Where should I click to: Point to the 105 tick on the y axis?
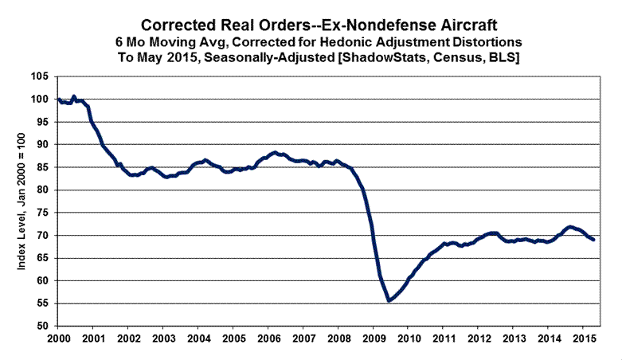[39, 76]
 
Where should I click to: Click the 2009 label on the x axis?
[372, 338]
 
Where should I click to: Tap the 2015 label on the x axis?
[581, 338]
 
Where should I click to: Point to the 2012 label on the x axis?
[477, 338]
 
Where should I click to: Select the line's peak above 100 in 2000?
[74, 96]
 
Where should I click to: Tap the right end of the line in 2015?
[593, 240]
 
